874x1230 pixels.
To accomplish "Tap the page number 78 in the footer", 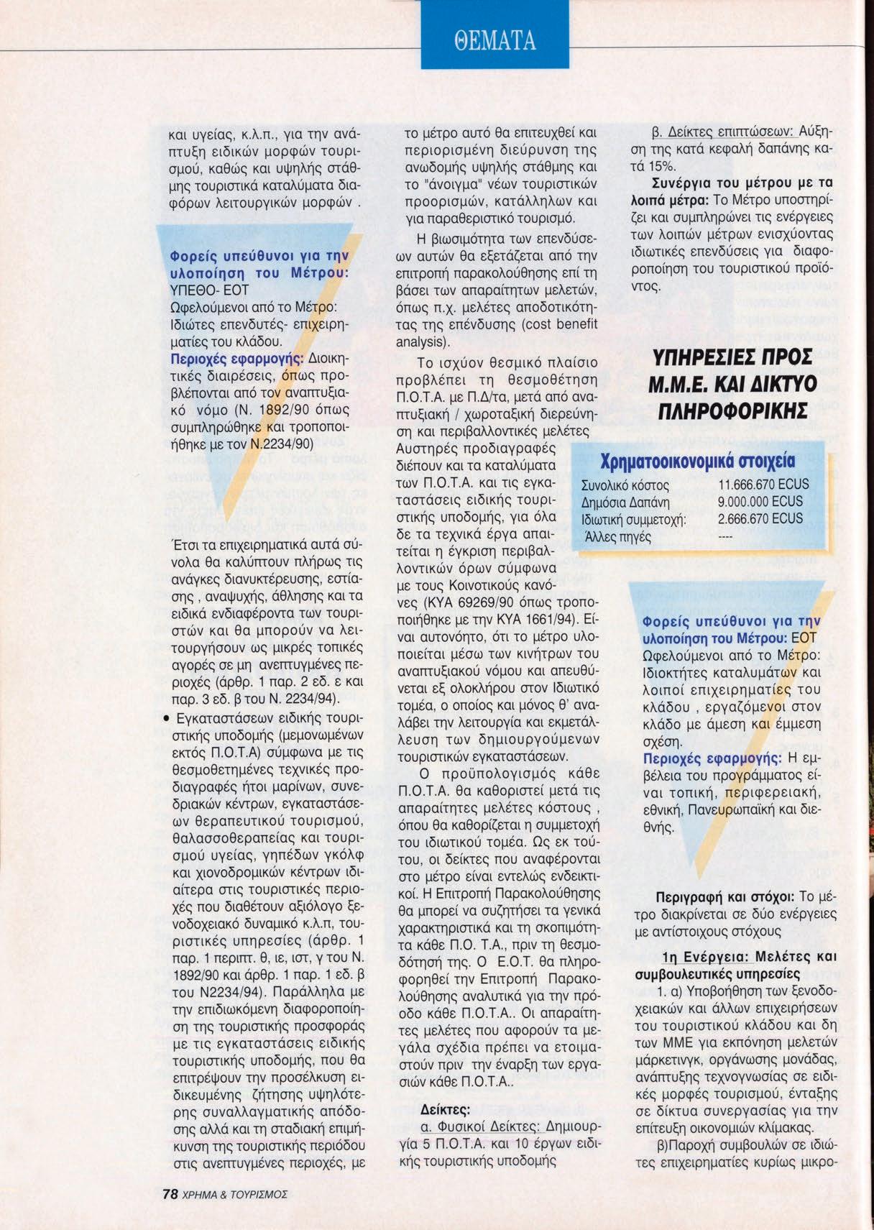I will [x=170, y=1194].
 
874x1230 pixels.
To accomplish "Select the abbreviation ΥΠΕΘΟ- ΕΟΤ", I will [x=208, y=290].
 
